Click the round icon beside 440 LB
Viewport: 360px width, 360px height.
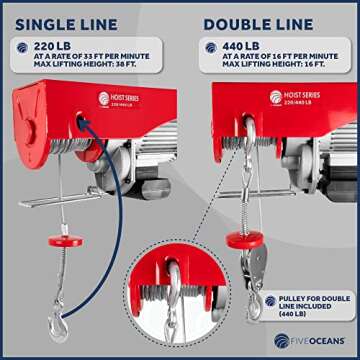pos(212,46)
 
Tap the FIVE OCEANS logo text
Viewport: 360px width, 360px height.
pos(320,341)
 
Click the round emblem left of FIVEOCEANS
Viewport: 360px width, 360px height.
pos(284,341)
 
